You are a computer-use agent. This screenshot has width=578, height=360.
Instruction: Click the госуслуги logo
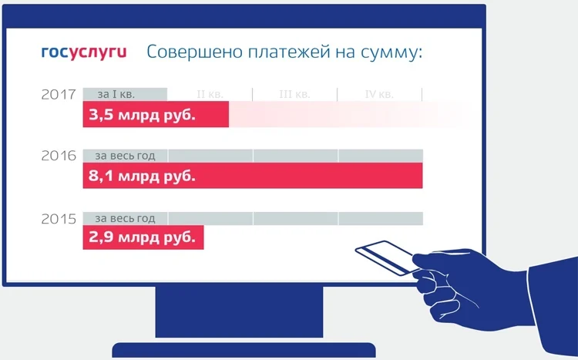pos(84,52)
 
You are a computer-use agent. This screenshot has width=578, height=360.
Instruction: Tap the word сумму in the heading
pos(391,53)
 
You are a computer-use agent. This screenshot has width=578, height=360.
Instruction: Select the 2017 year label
pos(59,95)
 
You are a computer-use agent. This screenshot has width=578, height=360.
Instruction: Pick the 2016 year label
pos(59,156)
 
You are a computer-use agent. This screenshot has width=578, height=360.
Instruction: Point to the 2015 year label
pos(59,219)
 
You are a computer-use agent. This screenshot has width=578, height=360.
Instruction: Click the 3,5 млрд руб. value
pos(142,115)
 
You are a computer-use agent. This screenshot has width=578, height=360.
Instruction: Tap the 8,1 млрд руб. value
pos(142,176)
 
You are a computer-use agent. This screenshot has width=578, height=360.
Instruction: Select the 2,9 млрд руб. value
pos(142,237)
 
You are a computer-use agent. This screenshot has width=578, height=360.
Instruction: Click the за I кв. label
pos(116,94)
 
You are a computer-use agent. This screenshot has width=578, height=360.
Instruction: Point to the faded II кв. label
pos(210,94)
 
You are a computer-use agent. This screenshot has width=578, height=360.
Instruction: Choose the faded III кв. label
pos(294,94)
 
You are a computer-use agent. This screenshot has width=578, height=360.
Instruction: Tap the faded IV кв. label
pos(379,94)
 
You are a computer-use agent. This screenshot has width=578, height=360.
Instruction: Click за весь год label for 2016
pos(125,156)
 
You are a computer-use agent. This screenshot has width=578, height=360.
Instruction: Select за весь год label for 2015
pos(125,219)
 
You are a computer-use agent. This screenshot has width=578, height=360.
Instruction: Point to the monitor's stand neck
pos(239,311)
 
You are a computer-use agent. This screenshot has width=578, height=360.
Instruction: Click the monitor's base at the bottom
pos(244,350)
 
